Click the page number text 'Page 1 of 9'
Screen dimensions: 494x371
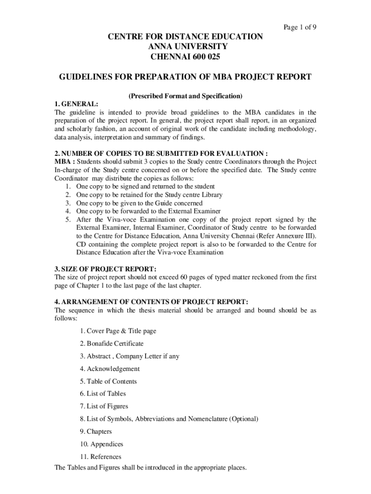(x=300, y=27)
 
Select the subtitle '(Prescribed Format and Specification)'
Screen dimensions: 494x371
(x=185, y=96)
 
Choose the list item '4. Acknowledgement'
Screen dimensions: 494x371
(x=110, y=369)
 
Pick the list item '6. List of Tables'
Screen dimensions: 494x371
(x=103, y=394)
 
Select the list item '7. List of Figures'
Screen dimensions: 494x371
(x=104, y=407)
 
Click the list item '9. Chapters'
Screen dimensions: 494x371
(x=96, y=432)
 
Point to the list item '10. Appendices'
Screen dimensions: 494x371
(x=102, y=444)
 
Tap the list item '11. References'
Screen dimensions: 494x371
(x=101, y=457)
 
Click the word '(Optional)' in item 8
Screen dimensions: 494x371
(x=243, y=419)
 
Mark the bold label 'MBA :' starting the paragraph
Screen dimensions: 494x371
(x=65, y=161)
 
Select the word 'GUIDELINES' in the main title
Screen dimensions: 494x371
(x=85, y=77)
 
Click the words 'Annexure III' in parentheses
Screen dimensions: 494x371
(x=294, y=236)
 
